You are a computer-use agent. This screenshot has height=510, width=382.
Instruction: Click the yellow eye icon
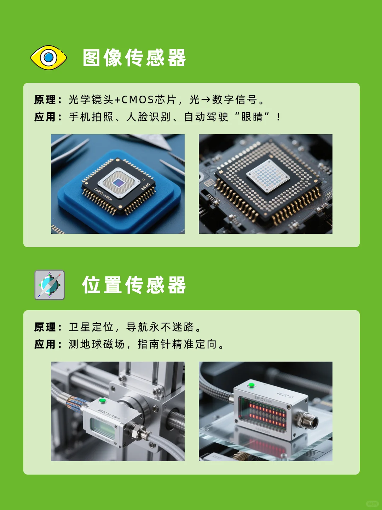coord(48,57)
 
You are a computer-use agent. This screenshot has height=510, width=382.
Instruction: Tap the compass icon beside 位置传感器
coord(50,285)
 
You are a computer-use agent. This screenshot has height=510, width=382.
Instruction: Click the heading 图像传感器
coord(134,58)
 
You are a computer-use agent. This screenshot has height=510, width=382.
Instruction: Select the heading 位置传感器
coord(134,285)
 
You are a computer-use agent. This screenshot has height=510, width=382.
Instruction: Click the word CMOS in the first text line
coord(138,100)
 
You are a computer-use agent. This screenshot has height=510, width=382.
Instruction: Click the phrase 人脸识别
coord(149,117)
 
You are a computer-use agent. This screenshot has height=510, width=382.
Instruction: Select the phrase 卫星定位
coord(91,327)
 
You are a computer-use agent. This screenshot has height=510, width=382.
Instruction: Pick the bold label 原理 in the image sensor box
coord(45,100)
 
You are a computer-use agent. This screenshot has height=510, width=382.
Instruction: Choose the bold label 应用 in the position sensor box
coord(45,344)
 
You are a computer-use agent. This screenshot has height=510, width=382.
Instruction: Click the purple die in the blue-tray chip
coord(118,182)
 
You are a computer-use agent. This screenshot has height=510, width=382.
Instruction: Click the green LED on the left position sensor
coord(103,401)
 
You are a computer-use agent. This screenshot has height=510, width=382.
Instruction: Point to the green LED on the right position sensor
coord(251,385)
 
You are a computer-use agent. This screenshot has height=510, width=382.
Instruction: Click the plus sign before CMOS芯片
coord(117,100)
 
